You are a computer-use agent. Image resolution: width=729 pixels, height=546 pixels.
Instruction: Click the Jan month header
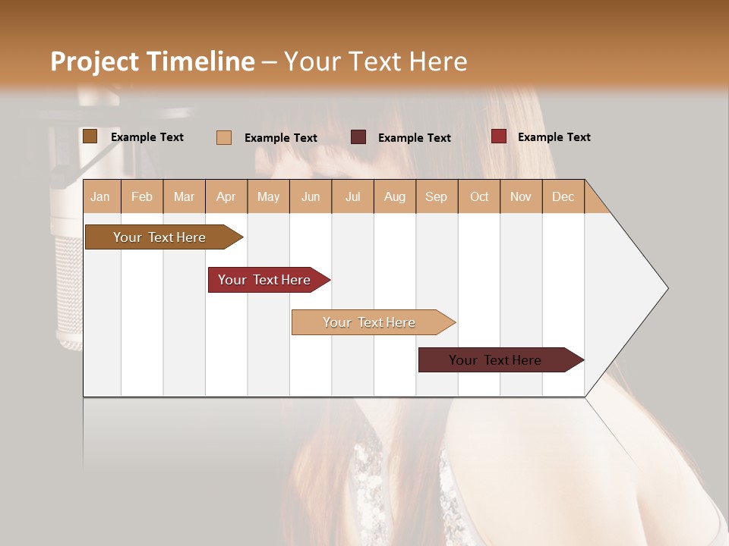101,196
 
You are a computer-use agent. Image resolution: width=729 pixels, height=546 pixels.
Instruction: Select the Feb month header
142,196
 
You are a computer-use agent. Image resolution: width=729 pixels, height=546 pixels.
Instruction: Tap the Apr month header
226,196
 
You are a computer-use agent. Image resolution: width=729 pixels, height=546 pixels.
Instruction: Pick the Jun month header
311,196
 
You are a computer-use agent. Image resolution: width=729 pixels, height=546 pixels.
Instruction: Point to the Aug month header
395,196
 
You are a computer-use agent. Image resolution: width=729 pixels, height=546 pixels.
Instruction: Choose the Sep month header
437,196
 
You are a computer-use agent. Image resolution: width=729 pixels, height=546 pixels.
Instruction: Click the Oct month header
479,196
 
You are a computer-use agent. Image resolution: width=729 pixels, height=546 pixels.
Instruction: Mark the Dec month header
563,196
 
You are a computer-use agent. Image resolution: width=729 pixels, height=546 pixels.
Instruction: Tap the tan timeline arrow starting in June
371,322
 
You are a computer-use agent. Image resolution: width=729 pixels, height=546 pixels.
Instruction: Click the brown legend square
90,136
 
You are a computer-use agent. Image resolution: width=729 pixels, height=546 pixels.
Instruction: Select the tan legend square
224,137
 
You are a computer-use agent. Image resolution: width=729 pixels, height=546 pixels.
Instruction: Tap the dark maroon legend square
358,137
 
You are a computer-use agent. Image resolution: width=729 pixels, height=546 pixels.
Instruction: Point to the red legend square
498,136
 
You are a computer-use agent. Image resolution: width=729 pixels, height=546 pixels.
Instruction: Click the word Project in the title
94,61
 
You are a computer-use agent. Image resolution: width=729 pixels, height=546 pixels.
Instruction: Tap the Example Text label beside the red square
554,137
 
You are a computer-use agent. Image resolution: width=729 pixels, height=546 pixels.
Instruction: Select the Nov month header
521,196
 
